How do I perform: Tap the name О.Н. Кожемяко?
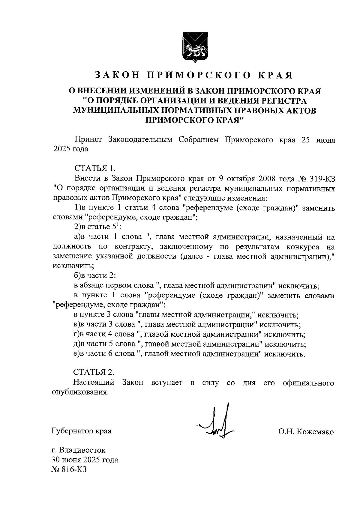click(x=306, y=432)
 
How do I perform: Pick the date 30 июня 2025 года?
click(x=85, y=460)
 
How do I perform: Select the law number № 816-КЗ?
click(x=70, y=469)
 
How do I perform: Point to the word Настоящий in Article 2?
click(x=94, y=383)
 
